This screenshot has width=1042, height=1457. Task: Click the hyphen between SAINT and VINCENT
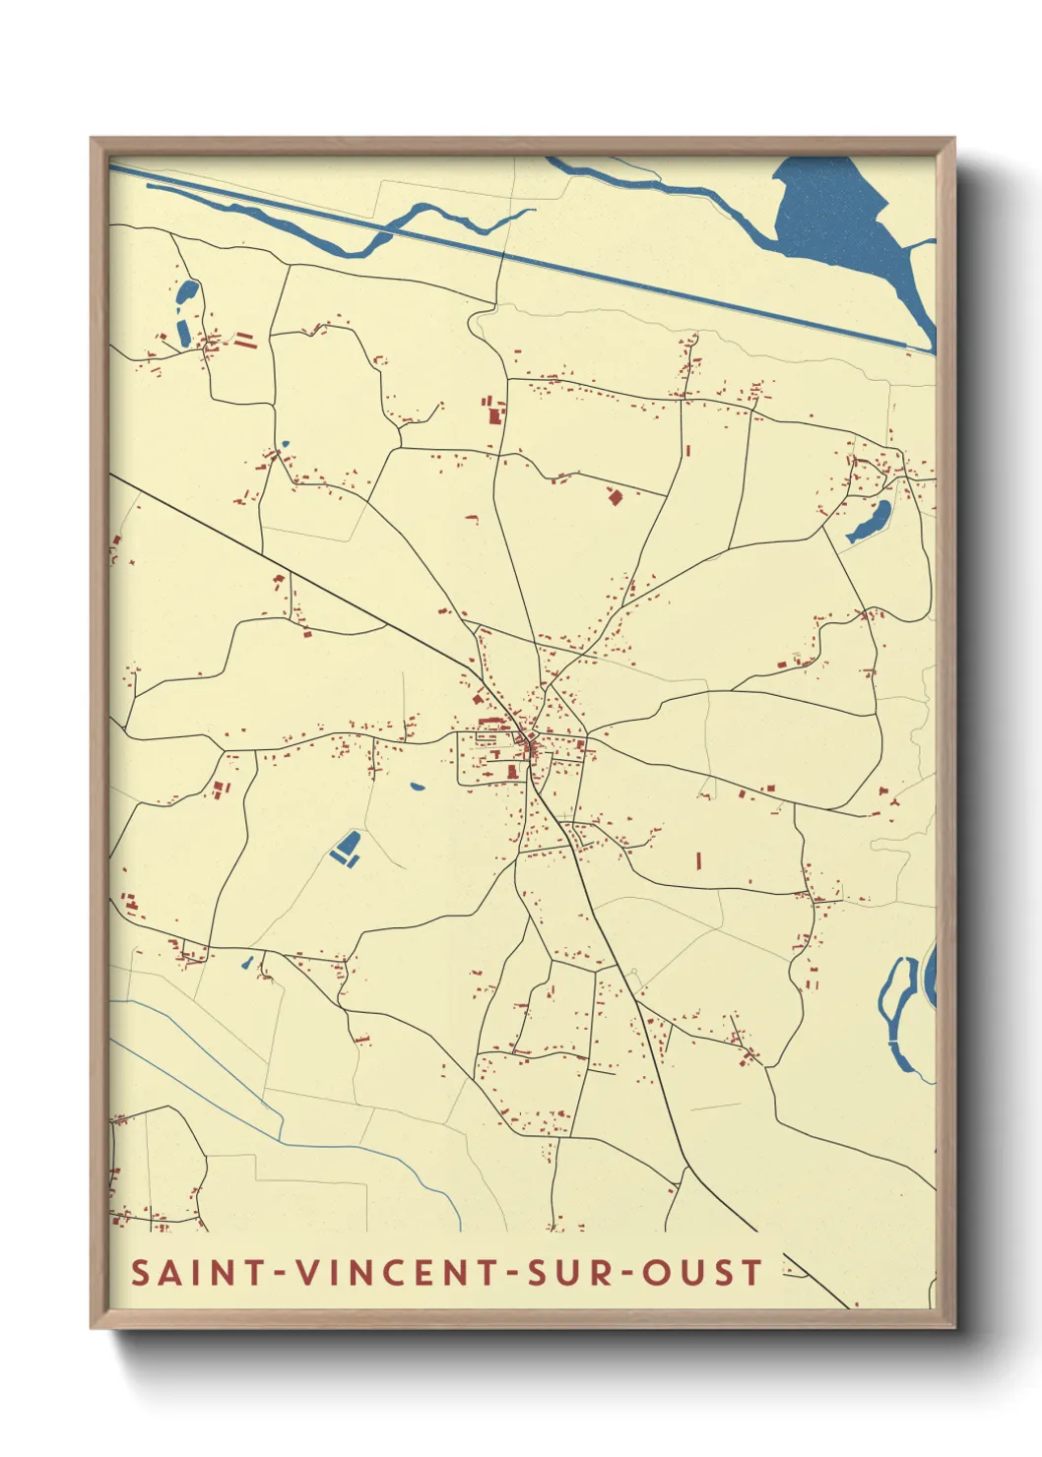[x=281, y=1273]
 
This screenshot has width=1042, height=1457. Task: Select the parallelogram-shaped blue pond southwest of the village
[x=347, y=846]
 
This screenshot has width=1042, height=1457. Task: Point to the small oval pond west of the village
[x=417, y=786]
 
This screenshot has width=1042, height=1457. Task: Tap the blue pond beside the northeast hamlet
[x=871, y=522]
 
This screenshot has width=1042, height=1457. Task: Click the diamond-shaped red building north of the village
[x=616, y=497]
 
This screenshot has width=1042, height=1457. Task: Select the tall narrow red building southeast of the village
[x=698, y=860]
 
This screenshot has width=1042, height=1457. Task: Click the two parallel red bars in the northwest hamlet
[x=243, y=341]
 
